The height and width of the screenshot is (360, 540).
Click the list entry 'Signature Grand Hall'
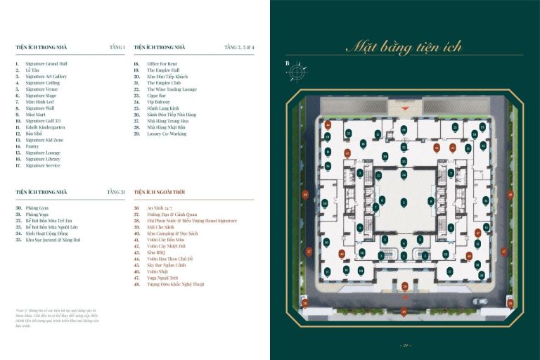point(46,64)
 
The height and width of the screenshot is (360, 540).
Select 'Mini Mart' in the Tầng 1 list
point(36,115)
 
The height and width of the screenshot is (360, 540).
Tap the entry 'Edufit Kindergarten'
point(47,127)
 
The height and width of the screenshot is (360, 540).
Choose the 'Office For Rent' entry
point(162,64)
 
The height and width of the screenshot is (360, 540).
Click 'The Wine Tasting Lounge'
point(172,89)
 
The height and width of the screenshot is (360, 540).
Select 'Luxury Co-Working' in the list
point(167,134)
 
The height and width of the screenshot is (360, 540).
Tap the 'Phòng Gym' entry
point(39,208)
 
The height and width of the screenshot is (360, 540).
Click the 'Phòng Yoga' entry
point(39,214)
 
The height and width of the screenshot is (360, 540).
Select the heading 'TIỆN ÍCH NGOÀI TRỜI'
point(162,191)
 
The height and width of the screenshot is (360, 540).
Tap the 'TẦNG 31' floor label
point(116,191)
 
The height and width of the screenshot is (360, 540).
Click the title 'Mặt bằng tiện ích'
point(404,47)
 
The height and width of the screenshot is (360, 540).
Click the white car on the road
point(480,301)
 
